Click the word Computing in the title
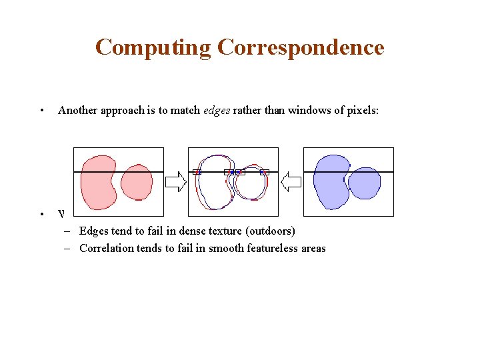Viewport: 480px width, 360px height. click(x=153, y=48)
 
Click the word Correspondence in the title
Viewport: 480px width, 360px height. click(x=301, y=48)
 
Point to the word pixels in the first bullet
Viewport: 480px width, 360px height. click(x=361, y=111)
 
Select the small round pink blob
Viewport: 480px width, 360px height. click(x=137, y=181)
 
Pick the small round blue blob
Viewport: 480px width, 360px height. click(x=365, y=183)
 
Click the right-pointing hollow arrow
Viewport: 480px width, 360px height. click(x=175, y=181)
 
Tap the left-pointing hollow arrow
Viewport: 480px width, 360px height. click(x=291, y=181)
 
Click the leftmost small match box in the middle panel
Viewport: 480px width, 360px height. click(x=197, y=172)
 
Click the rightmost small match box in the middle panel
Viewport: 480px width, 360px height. click(x=265, y=172)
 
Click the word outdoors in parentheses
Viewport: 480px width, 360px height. click(x=270, y=231)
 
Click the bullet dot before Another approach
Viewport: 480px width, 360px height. click(x=41, y=111)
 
